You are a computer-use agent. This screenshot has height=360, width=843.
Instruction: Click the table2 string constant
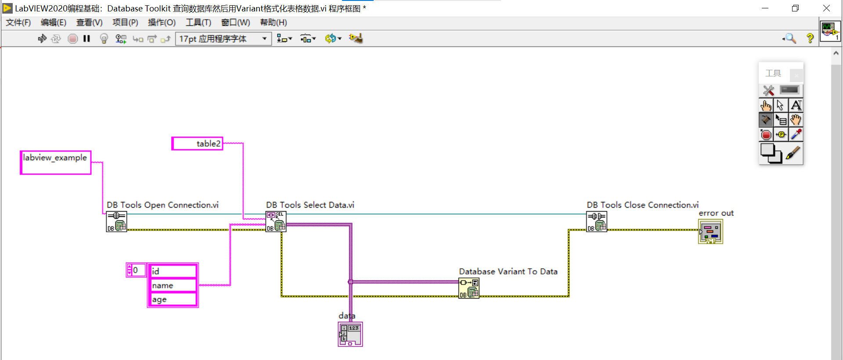(x=197, y=144)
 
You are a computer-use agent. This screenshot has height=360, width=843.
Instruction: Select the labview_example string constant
(x=56, y=162)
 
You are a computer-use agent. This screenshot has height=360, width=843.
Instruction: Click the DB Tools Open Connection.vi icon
(x=116, y=222)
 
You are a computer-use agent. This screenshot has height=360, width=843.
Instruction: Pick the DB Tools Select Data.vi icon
(x=276, y=222)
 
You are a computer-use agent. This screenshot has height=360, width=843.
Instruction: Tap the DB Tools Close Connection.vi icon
(x=597, y=222)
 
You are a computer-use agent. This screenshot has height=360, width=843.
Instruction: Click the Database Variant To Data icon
(x=469, y=288)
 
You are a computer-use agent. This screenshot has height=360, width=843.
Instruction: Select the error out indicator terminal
(x=710, y=232)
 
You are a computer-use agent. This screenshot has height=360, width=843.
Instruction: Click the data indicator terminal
(x=350, y=334)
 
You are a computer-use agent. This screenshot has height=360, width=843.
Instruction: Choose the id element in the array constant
(x=173, y=271)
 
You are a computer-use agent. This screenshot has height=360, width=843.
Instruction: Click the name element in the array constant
(x=173, y=285)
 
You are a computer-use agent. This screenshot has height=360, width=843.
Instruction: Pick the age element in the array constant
(x=173, y=299)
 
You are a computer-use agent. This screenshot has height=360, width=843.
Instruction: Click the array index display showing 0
(x=136, y=270)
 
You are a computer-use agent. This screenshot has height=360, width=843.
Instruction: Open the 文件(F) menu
(x=18, y=22)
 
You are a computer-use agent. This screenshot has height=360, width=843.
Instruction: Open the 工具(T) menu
(x=198, y=22)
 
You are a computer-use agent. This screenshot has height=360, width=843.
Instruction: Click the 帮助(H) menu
(x=273, y=22)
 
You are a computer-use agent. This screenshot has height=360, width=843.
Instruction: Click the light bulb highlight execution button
(x=104, y=39)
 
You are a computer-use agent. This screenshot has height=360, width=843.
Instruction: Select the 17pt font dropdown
(x=223, y=39)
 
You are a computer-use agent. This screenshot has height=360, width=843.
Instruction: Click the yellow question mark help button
(x=810, y=39)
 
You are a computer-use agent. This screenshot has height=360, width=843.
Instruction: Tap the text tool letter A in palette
(x=796, y=105)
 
